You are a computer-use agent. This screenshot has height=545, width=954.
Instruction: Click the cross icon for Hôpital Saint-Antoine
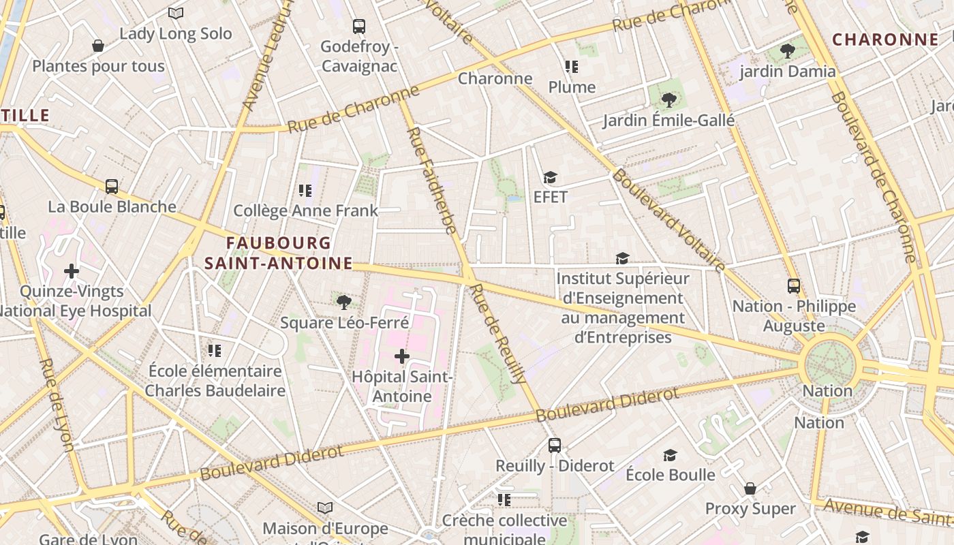pos(402,356)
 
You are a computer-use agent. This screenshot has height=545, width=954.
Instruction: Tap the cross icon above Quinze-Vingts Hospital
pos(72,271)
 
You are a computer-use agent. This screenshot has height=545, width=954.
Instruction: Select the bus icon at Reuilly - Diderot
pos(555,446)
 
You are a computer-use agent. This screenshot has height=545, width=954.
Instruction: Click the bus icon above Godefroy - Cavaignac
pos(359,27)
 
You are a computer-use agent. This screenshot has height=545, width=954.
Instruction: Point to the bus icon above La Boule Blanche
pos(112,186)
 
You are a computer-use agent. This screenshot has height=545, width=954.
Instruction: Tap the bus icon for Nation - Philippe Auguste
pos(794,286)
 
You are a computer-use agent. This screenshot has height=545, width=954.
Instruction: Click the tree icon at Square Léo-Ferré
pos(344,302)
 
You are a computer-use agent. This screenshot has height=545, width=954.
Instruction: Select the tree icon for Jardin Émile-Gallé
pos(668,100)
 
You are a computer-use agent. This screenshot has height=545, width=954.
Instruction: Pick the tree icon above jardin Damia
pos(788,50)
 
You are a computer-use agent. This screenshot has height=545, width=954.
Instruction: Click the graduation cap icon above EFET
pos(550,178)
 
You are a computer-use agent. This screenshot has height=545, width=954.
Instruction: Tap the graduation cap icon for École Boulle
pos(671,455)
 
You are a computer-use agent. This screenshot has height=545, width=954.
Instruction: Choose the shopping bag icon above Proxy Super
pos(750,488)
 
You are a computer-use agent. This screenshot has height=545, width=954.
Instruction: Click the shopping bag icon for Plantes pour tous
pos(98,46)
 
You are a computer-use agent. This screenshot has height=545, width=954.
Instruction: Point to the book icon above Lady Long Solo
pos(176,13)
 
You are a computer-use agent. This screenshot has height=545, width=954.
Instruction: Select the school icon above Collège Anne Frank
pos(305,191)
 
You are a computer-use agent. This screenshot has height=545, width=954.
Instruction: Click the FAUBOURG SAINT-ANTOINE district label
pos(279,253)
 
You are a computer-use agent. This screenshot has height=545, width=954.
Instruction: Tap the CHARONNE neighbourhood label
pos(885,40)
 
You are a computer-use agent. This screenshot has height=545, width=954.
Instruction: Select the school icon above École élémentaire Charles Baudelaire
pos(215,351)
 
